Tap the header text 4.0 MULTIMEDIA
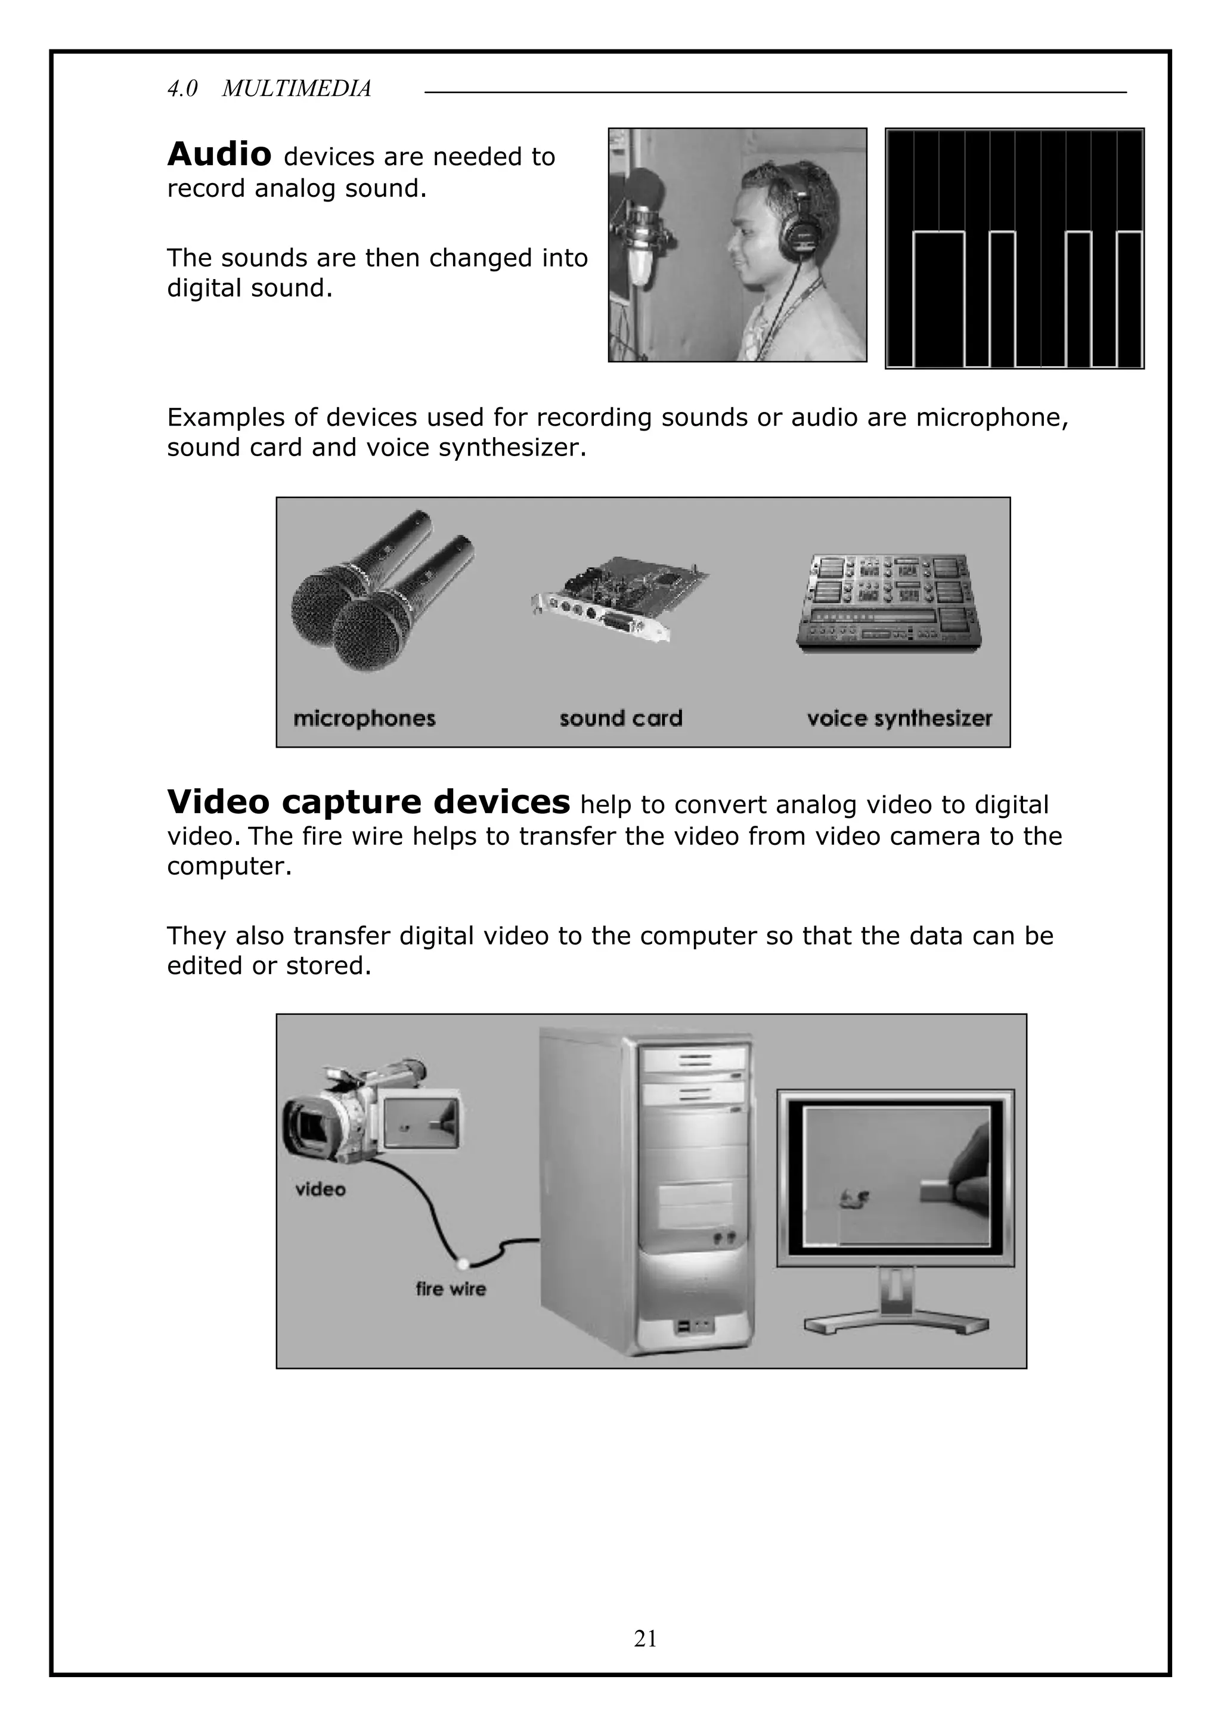269,89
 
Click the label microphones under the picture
364,718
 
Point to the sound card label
620,718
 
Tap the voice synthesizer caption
899,718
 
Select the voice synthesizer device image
890,603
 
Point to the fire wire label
450,1289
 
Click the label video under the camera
320,1189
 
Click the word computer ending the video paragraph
228,867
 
